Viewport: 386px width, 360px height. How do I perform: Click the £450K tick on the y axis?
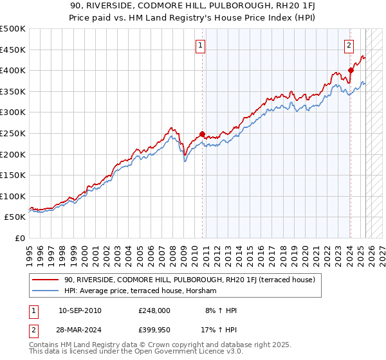[x=13, y=50]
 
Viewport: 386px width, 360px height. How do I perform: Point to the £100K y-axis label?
[x=13, y=196]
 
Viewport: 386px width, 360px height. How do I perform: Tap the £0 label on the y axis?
[x=19, y=238]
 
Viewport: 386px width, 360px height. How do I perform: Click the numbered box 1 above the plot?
[x=201, y=46]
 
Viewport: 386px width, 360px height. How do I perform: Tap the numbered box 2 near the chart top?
[x=349, y=46]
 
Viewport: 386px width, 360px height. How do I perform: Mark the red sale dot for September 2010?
[x=202, y=134]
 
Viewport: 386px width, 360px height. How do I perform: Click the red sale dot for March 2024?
[x=351, y=70]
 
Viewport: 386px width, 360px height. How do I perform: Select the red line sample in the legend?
[x=46, y=280]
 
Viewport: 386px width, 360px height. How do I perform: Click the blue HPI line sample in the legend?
[x=46, y=291]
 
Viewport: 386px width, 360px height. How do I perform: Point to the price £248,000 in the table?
[x=154, y=310]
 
